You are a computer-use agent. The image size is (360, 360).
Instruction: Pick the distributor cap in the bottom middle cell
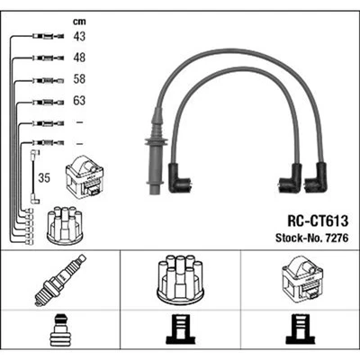click(179, 280)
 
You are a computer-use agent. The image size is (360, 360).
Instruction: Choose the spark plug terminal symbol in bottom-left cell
click(58, 330)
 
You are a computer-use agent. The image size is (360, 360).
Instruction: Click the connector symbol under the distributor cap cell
click(179, 331)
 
